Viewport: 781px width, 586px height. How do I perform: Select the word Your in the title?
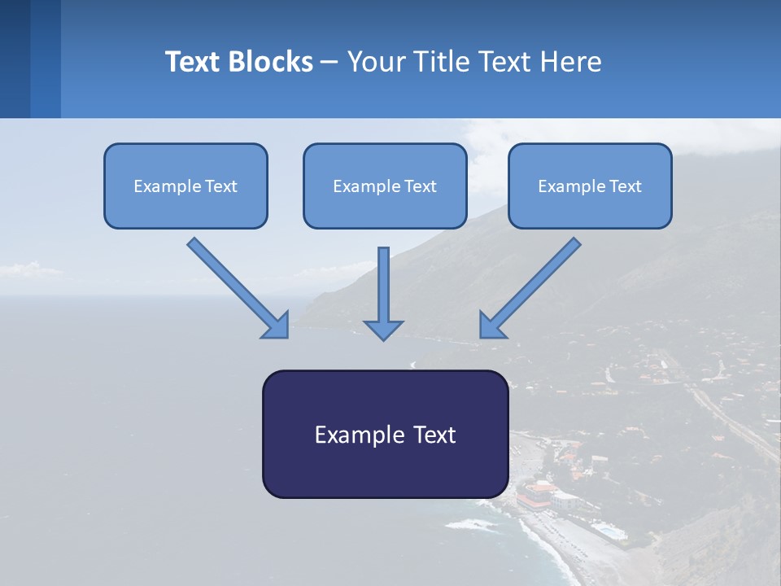pyautogui.click(x=373, y=62)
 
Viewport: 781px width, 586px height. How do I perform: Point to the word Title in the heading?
pyautogui.click(x=439, y=62)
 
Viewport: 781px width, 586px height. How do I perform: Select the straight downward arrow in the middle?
pyautogui.click(x=383, y=293)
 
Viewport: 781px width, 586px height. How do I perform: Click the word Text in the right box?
pyautogui.click(x=626, y=186)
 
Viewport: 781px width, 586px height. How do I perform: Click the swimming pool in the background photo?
pyautogui.click(x=609, y=531)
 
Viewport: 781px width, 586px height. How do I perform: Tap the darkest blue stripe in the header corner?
pyautogui.click(x=15, y=59)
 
